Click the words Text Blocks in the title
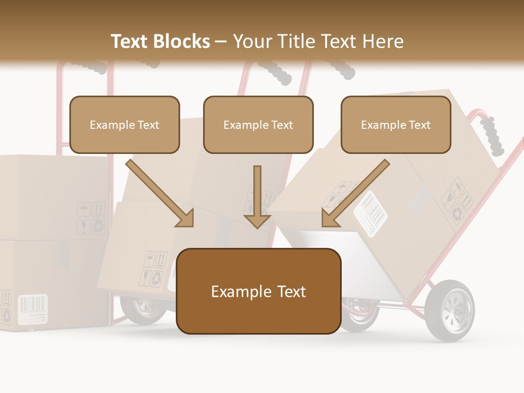click(160, 41)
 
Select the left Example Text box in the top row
click(124, 125)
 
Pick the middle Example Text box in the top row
click(258, 125)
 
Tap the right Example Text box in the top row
click(396, 125)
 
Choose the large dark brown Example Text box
click(259, 291)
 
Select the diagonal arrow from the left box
click(161, 194)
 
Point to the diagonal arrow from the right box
click(355, 194)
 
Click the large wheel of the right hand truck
click(450, 311)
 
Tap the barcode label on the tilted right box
click(371, 214)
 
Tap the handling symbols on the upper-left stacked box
click(91, 218)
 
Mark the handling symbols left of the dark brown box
click(154, 269)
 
